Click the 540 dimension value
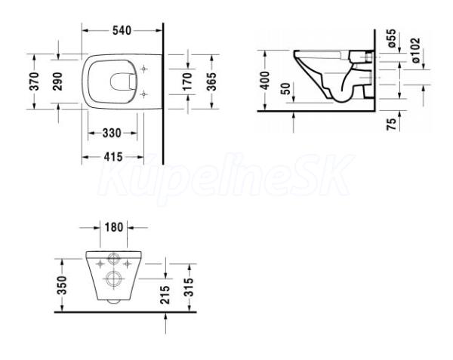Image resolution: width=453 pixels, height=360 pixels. coord(122,30)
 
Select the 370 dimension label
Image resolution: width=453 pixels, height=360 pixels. coord(34,82)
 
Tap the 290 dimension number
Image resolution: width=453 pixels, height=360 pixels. coord(57,82)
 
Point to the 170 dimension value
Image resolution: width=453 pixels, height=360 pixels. coord(187,82)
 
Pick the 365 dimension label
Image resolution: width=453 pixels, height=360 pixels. coord(211,82)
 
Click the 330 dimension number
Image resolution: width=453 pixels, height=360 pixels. coord(112,133)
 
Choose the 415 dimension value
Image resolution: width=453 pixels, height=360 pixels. coord(113,157)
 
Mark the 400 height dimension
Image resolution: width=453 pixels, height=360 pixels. coord(265,80)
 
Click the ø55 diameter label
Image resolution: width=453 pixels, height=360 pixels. coord(390,38)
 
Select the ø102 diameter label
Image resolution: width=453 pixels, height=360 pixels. coord(415,51)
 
